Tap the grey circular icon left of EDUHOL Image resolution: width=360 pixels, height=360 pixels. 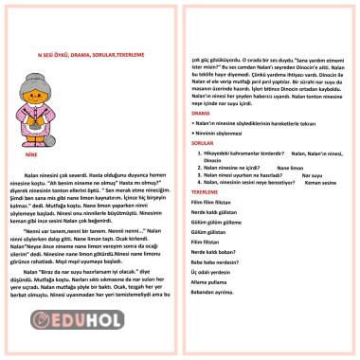point(64,321)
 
